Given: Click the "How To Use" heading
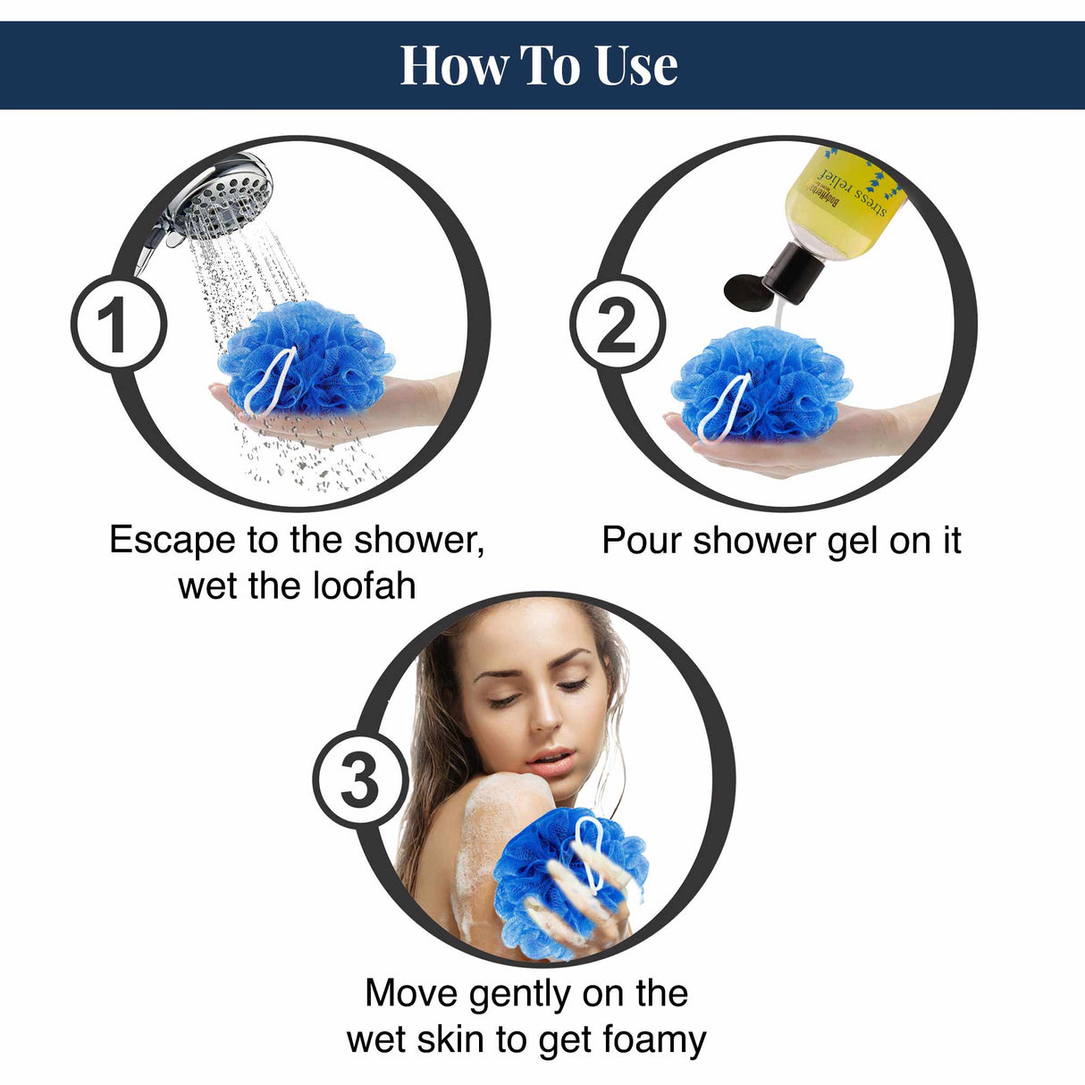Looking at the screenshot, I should pos(538,65).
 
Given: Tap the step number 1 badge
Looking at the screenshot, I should pos(118,324).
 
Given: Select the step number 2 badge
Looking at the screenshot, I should pos(618,324).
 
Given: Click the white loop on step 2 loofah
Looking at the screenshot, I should pos(726,407).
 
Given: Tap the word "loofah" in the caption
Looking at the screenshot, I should pos(365,585).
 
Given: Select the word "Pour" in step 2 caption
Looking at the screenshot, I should pos(641,540).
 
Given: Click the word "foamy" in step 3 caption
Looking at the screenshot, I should pos(654,1039).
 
